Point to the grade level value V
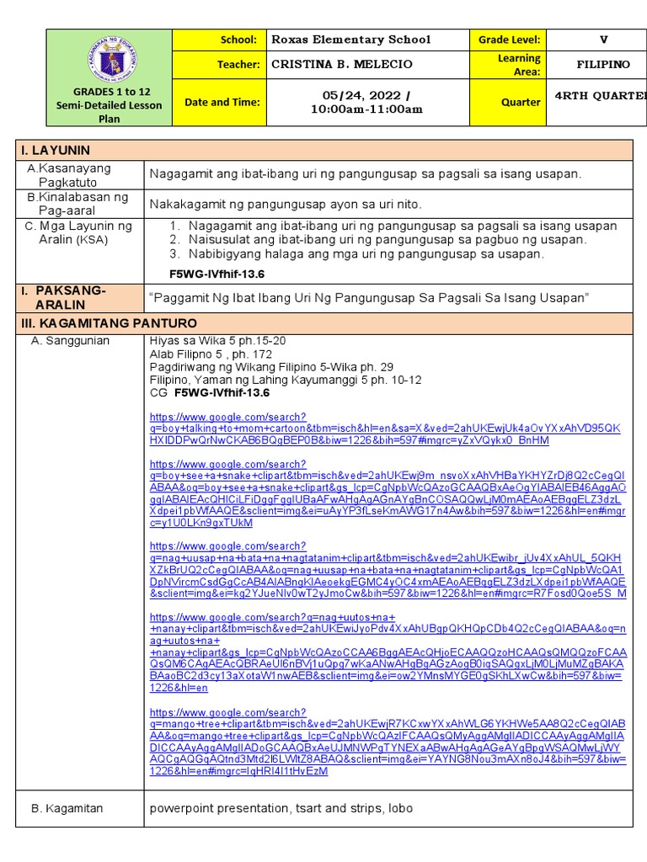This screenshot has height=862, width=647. [x=603, y=40]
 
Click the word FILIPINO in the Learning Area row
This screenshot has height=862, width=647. [x=603, y=65]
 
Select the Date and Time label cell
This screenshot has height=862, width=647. [x=222, y=102]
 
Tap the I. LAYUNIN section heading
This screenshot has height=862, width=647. [x=56, y=151]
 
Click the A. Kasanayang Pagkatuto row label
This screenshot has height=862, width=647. [x=79, y=175]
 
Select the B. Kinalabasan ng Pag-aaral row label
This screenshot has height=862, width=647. [x=79, y=204]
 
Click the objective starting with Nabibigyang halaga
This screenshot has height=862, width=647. [x=366, y=253]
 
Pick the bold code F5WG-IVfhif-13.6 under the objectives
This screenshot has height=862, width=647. [x=217, y=274]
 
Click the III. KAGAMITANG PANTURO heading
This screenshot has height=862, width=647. [x=109, y=323]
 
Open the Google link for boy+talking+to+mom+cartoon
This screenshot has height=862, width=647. [x=384, y=428]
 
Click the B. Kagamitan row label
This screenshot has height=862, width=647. [x=67, y=808]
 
